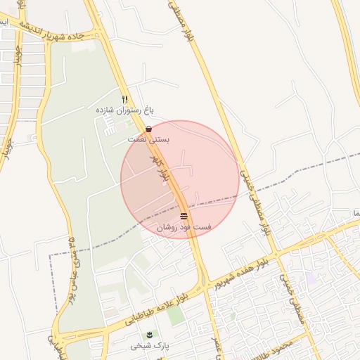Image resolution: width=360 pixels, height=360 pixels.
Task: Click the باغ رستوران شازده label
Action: tap(124, 110)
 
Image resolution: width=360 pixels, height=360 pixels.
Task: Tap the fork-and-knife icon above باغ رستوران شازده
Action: tap(125, 99)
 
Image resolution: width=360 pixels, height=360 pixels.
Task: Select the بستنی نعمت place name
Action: tap(148, 140)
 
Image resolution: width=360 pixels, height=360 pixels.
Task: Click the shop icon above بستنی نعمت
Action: tap(148, 129)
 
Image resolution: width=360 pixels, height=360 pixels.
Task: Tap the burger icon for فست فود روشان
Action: tap(184, 217)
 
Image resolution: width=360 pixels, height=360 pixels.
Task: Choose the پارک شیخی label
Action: tap(150, 345)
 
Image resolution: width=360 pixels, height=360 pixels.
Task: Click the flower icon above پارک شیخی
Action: tap(149, 333)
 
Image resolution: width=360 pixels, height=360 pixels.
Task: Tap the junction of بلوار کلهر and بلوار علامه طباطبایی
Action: tap(204, 285)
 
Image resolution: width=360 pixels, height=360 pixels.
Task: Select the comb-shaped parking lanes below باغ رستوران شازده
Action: tap(112, 127)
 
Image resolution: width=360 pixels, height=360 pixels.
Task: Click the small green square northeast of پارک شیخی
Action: tap(175, 314)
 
